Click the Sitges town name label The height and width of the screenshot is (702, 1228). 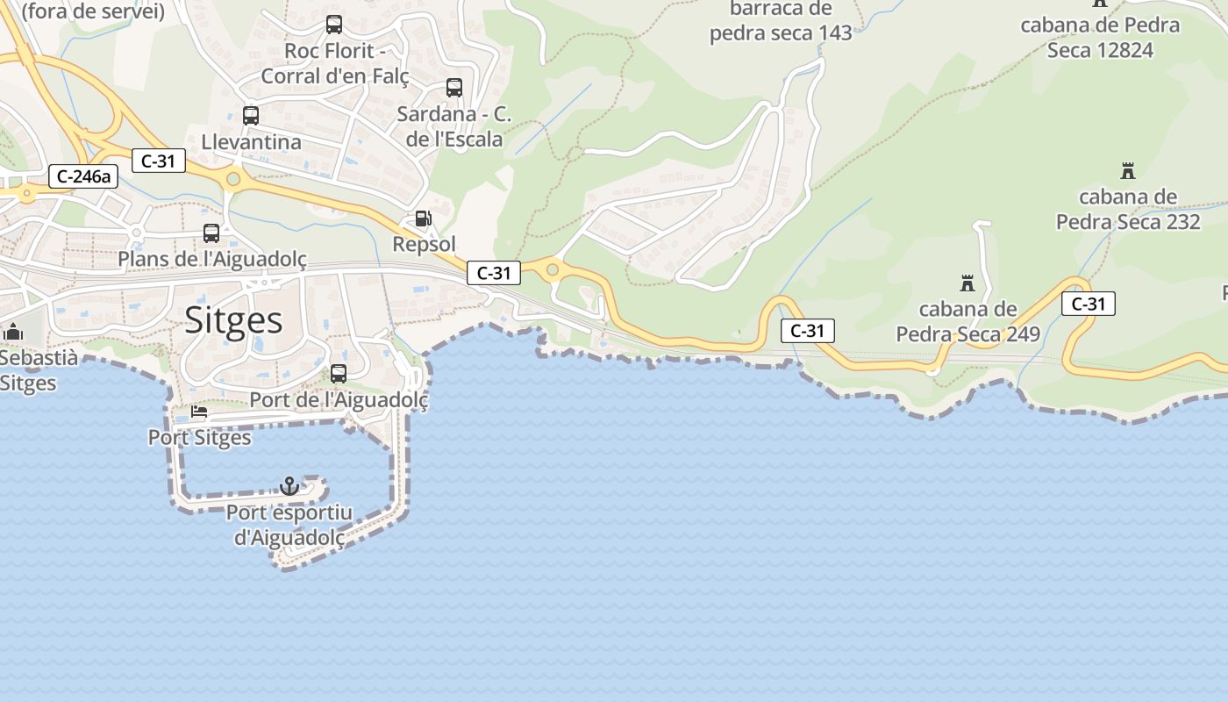tap(233, 320)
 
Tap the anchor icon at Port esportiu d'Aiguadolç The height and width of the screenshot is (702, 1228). tap(289, 485)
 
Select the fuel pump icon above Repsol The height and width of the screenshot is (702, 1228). tap(423, 218)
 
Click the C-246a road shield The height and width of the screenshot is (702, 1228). tap(82, 176)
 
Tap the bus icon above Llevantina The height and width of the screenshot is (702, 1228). tap(251, 115)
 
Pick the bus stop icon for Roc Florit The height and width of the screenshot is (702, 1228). tap(333, 25)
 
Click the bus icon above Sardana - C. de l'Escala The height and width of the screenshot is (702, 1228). tap(453, 88)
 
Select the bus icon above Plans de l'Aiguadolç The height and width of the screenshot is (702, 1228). tap(211, 233)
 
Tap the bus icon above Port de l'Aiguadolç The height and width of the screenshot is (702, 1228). tap(339, 374)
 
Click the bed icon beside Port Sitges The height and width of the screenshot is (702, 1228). tap(199, 412)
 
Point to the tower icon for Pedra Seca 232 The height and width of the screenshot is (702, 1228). tap(1128, 170)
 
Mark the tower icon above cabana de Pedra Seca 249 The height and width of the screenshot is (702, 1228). tap(967, 283)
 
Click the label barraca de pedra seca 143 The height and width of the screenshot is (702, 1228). tap(781, 22)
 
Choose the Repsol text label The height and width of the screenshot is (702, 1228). tap(425, 244)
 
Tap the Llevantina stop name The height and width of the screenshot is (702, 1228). tap(251, 141)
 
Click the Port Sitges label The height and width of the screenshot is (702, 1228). tap(200, 437)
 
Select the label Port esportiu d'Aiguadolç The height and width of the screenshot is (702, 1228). tap(289, 525)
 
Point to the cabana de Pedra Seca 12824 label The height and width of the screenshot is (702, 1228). tap(1100, 37)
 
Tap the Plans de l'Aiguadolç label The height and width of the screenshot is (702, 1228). tap(212, 260)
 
